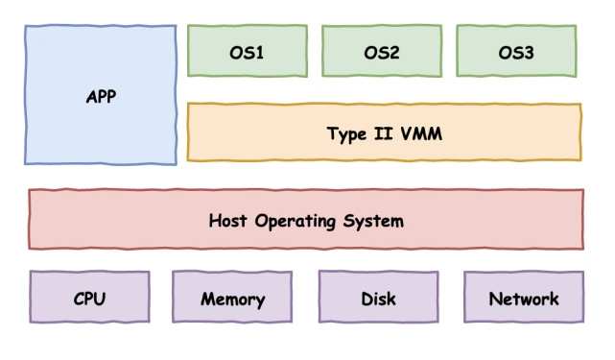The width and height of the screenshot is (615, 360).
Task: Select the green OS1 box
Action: tap(247, 51)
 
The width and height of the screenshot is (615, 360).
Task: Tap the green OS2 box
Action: tap(381, 51)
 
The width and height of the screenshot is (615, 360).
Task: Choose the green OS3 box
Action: tap(516, 51)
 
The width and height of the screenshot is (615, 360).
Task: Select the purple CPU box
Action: tap(89, 297)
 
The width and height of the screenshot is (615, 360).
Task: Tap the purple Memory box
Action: tap(232, 297)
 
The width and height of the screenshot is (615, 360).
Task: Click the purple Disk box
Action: tap(378, 297)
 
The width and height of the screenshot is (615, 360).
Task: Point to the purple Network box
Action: tap(523, 297)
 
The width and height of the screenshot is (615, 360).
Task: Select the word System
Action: tap(373, 222)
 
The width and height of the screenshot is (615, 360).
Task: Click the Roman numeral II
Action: tap(380, 133)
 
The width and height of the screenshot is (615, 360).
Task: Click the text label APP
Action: tap(101, 97)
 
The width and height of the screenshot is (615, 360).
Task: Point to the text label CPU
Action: tap(89, 299)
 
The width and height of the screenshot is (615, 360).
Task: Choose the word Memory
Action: tap(232, 300)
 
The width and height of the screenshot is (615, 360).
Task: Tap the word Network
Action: tap(523, 299)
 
